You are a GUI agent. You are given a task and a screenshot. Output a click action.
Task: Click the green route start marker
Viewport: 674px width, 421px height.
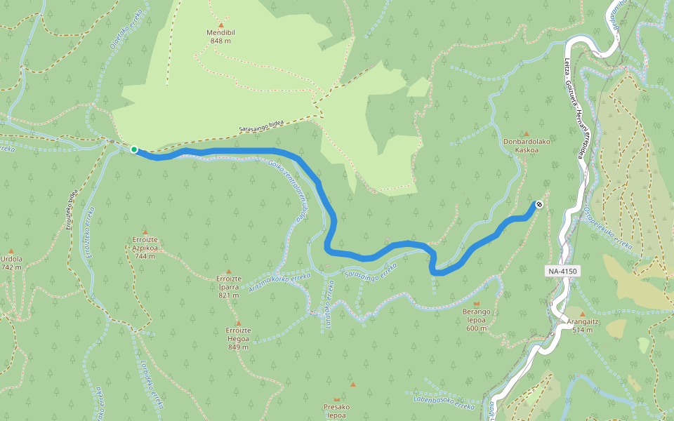[133, 149]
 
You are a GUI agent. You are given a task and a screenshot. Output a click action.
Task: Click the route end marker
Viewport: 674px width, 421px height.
[538, 204]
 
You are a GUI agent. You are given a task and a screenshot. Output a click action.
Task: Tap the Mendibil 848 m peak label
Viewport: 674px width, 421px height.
[220, 36]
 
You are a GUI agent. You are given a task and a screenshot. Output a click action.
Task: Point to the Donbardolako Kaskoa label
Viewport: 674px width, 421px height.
[526, 145]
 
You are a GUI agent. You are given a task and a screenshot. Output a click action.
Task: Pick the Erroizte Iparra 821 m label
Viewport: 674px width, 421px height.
[229, 286]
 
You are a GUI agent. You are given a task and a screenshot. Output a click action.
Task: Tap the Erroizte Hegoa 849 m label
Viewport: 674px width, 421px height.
[238, 338]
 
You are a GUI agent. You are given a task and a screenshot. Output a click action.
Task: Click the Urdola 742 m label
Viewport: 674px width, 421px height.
[11, 262]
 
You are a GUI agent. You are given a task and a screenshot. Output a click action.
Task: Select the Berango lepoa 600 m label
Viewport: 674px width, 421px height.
[476, 319]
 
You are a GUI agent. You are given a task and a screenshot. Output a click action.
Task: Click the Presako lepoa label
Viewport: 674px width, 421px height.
[336, 410]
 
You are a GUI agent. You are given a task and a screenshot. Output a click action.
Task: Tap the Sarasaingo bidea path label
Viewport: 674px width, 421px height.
[261, 126]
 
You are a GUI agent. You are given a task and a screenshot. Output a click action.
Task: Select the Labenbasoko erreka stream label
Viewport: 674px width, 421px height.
[444, 402]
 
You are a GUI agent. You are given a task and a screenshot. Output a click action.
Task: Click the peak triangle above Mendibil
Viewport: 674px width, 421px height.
[220, 25]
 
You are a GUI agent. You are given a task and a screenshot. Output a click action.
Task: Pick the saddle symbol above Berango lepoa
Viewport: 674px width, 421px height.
[476, 303]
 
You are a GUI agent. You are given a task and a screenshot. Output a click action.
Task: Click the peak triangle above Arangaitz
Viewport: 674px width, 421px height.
[582, 313]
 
